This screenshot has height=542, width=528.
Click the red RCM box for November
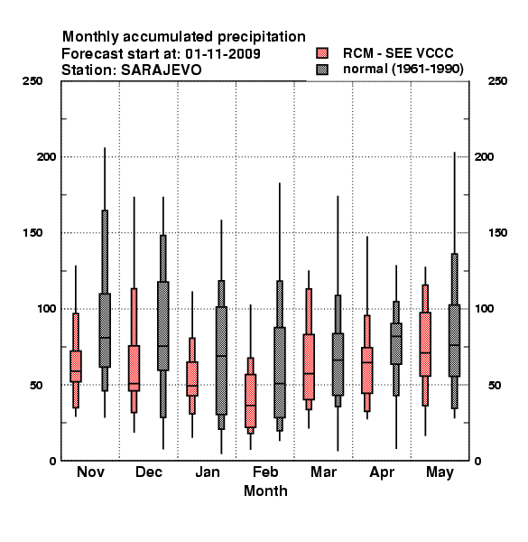(76, 366)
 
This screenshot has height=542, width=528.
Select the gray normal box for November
(105, 330)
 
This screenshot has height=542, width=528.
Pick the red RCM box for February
(250, 400)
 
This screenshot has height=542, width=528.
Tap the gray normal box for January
(221, 360)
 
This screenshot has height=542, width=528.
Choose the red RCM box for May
(425, 344)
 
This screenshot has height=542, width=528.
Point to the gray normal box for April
(396, 343)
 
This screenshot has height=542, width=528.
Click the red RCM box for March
(309, 367)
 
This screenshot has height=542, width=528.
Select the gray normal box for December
(163, 326)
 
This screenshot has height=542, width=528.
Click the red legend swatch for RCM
(322, 53)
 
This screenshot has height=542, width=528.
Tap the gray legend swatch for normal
(322, 70)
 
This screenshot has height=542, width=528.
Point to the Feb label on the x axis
(265, 472)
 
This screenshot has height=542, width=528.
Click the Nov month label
(90, 472)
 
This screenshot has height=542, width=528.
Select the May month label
(440, 472)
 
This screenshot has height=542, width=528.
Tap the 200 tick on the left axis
(47, 156)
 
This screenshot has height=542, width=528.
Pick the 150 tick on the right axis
(497, 233)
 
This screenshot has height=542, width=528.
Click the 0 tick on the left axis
(52, 461)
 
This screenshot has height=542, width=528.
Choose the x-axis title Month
(265, 491)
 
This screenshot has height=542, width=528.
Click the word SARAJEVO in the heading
(161, 70)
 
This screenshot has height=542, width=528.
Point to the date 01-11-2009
(223, 53)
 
